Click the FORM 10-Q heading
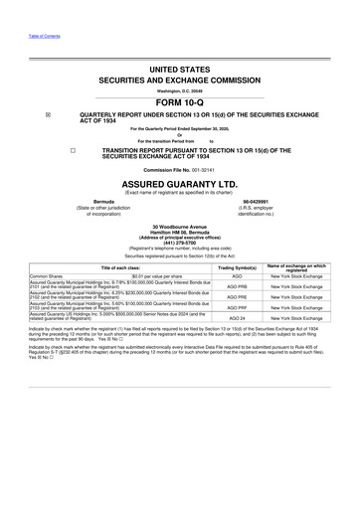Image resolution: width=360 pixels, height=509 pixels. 179,100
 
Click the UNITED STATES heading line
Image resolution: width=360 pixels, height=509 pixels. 179,70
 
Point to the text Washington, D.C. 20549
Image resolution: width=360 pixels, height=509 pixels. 179,90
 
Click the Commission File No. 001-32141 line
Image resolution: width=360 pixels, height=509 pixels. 179,170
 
